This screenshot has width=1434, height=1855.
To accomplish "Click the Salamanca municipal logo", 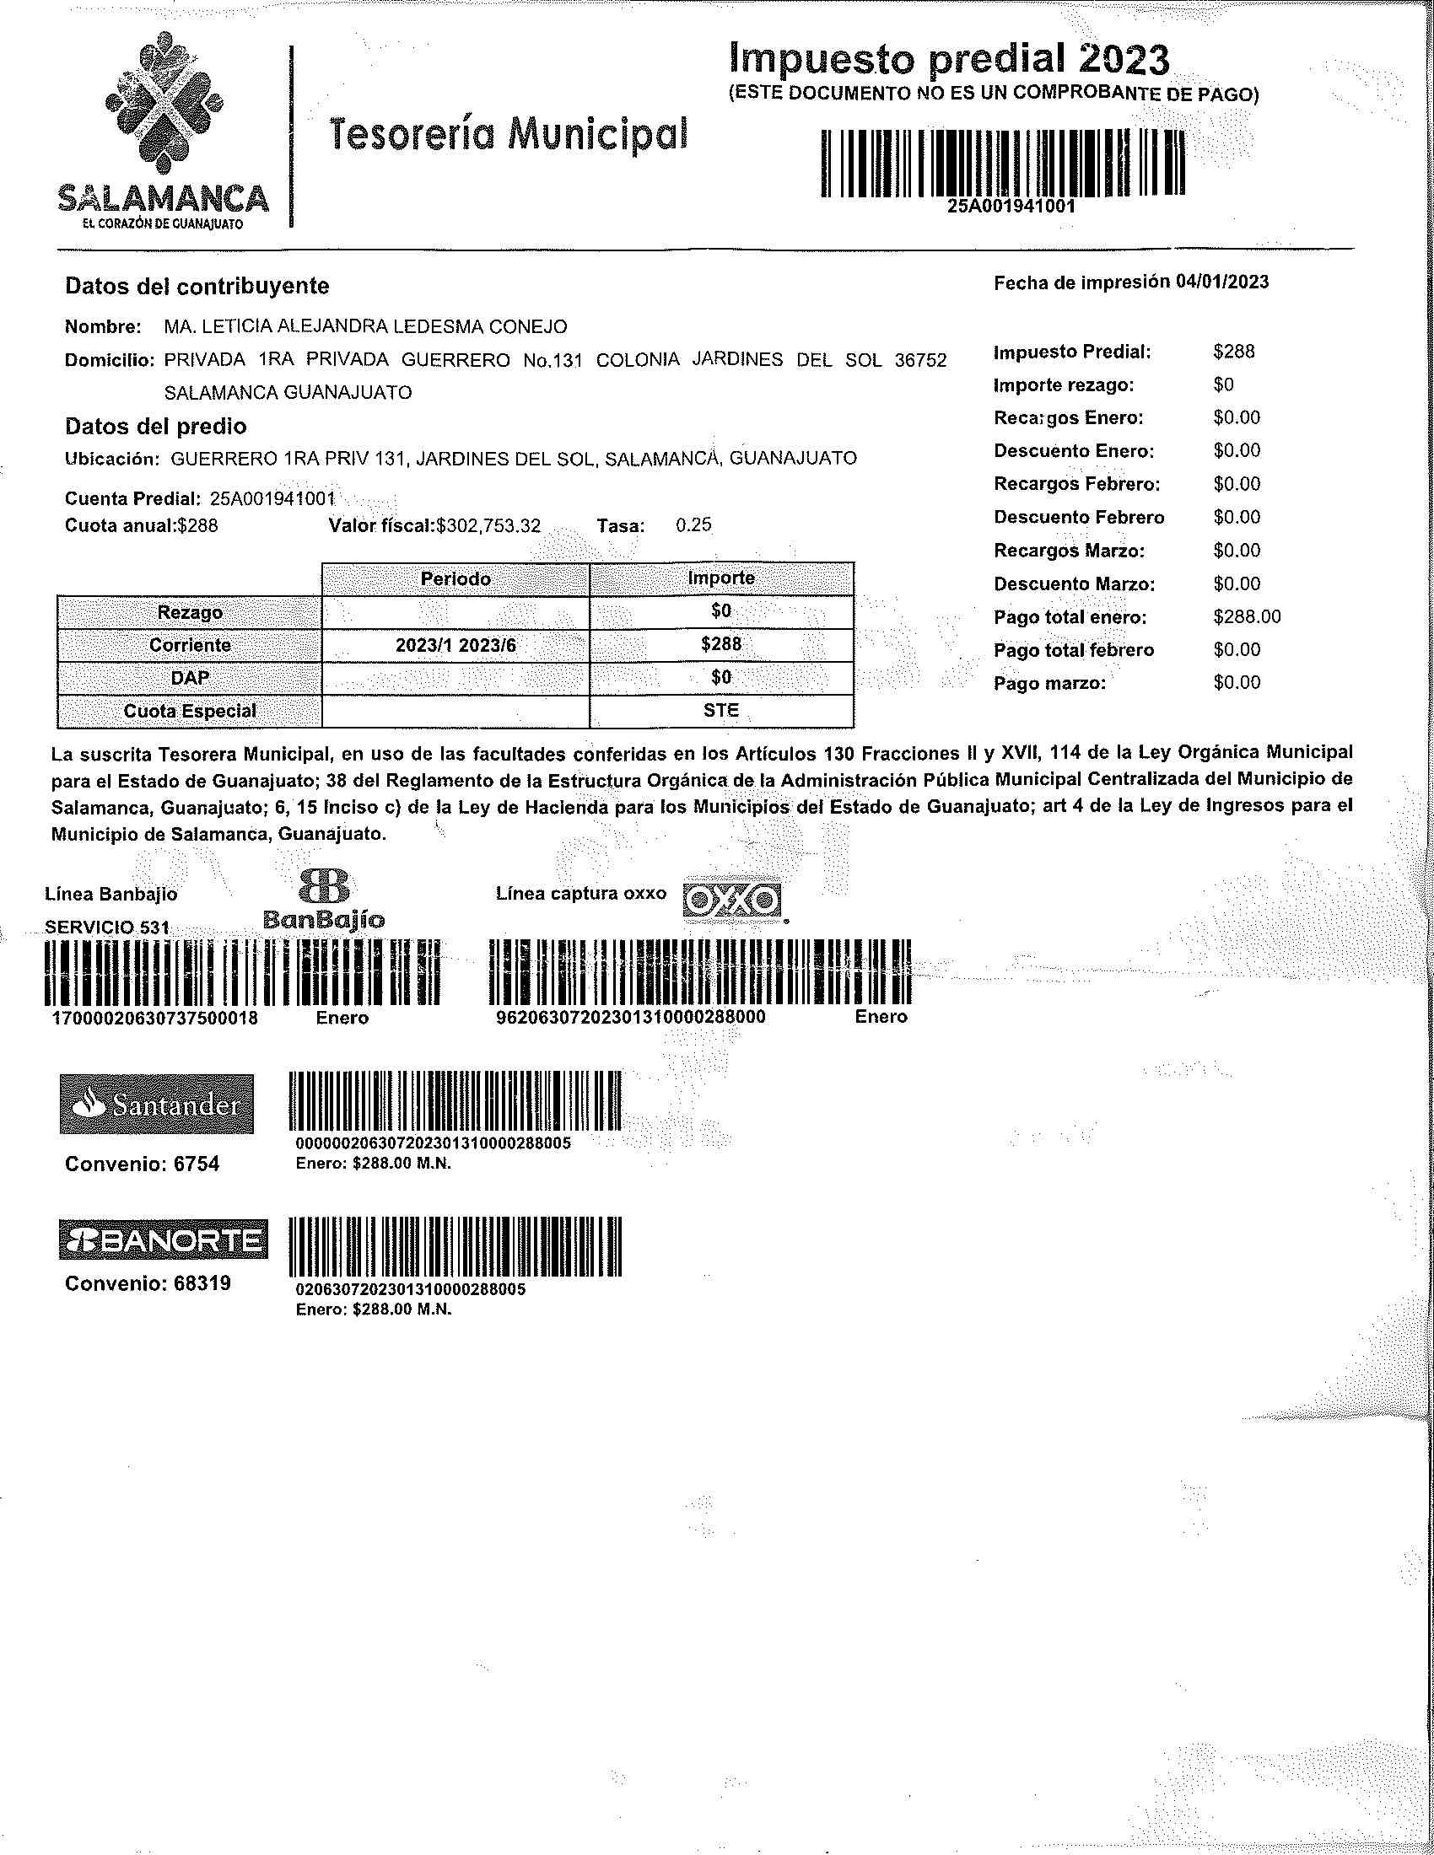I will click(x=162, y=132).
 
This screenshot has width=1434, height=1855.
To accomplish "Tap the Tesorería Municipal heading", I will click(x=507, y=132).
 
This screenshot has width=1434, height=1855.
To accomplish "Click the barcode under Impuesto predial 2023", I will click(x=1002, y=164).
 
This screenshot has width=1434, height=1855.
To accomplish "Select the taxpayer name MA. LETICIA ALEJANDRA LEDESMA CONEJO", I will click(x=365, y=327).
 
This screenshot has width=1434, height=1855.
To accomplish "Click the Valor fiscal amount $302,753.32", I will click(x=488, y=526).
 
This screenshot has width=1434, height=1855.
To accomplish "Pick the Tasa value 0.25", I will click(x=693, y=525).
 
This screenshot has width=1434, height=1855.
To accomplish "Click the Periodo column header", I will click(x=456, y=578).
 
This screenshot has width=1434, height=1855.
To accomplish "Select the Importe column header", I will click(x=721, y=578).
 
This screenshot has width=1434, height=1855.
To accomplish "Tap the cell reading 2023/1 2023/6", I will click(x=456, y=645).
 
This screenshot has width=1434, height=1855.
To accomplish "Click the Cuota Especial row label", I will click(x=190, y=711).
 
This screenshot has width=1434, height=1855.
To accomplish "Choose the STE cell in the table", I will click(x=721, y=710).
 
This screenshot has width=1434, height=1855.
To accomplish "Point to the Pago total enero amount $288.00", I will click(x=1246, y=616).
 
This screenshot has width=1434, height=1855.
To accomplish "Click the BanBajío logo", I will click(x=324, y=899).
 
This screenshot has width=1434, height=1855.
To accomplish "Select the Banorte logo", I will click(x=163, y=1240).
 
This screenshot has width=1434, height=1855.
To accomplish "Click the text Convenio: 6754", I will click(x=142, y=1164).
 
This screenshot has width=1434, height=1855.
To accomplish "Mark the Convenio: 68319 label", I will click(x=147, y=1282).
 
